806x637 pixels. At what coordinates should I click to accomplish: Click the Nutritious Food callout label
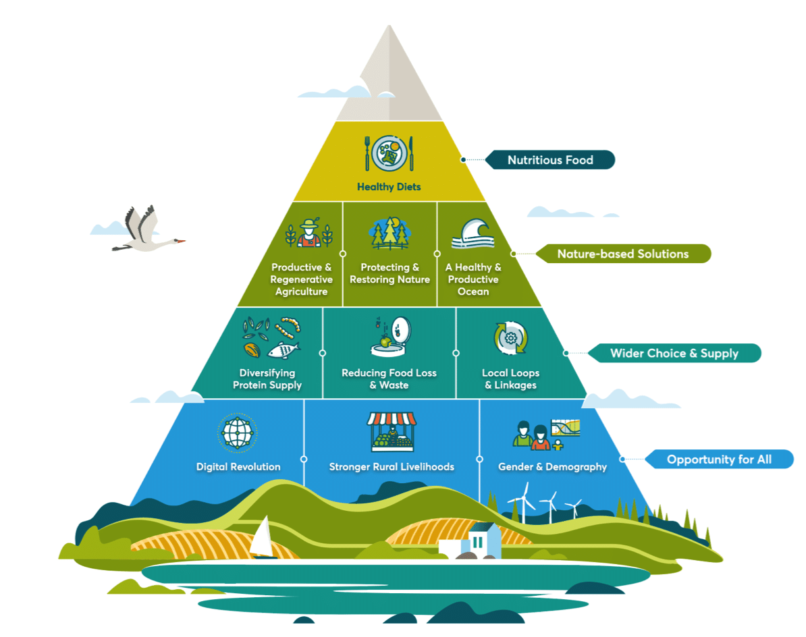[x=550, y=160]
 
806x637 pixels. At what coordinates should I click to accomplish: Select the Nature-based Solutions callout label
[x=622, y=254]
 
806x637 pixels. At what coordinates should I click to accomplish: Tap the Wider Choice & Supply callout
[x=674, y=353]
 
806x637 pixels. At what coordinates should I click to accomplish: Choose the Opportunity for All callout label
[x=719, y=460]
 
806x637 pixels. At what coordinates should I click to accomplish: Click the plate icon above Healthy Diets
[x=388, y=153]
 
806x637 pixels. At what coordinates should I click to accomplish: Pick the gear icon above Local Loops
[x=510, y=337]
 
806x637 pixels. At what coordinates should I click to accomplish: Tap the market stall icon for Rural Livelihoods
[x=392, y=432]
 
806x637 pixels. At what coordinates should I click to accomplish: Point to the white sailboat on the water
[x=262, y=537]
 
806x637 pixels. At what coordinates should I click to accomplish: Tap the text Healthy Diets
[x=389, y=186]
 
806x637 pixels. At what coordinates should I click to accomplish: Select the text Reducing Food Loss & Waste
[x=389, y=379]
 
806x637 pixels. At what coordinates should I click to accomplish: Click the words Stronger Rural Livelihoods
[x=392, y=466]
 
